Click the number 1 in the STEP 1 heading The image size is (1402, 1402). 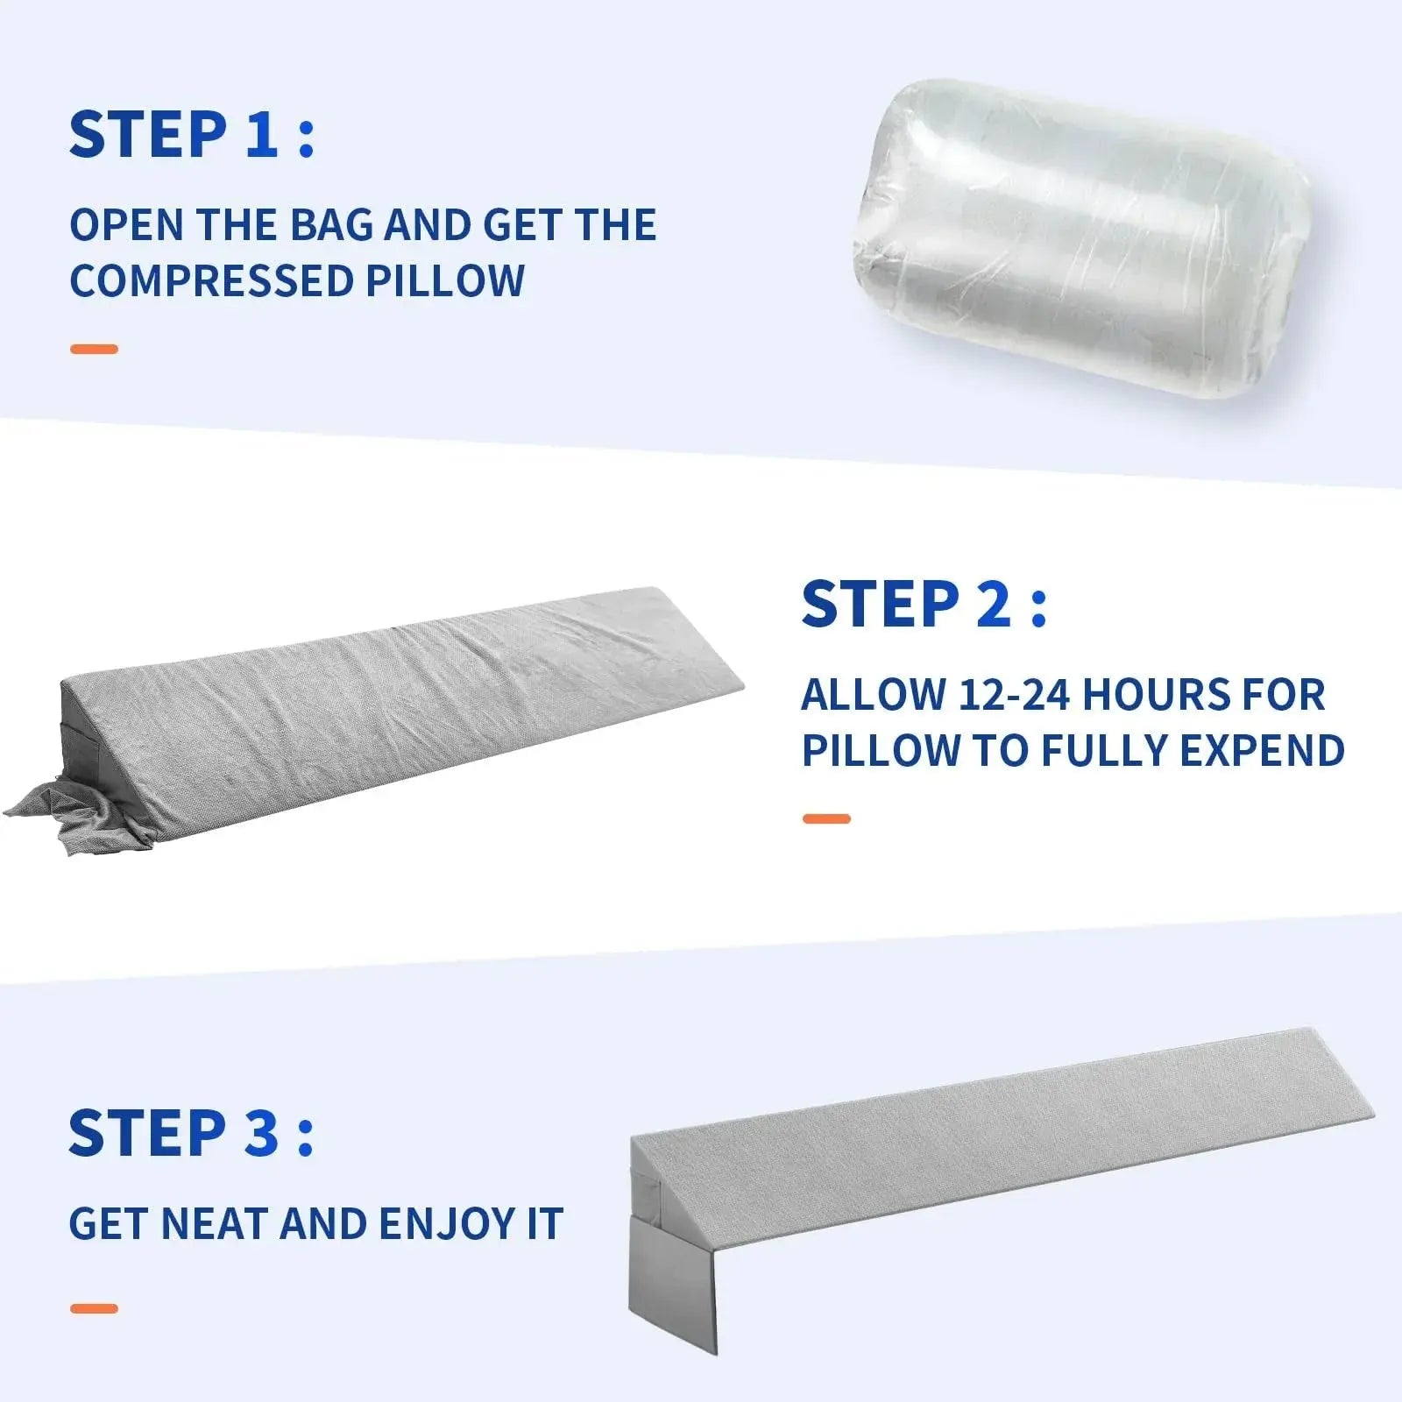[x=261, y=135]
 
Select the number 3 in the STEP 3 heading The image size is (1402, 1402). [x=261, y=1133]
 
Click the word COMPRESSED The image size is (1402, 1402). [x=210, y=280]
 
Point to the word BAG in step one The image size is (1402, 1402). [x=334, y=224]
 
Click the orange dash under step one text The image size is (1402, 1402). [x=94, y=349]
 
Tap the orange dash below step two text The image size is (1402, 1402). [x=826, y=818]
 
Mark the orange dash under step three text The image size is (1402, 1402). [x=94, y=1309]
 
